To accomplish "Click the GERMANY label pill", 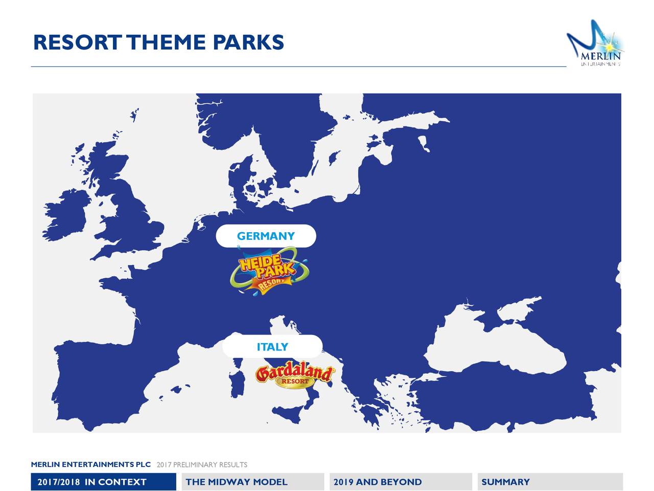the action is point(266,236).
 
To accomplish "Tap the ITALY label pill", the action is point(272,346).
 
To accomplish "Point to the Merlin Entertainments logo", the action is point(595,43).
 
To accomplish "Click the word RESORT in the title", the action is point(78,42).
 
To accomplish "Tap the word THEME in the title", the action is point(167,42).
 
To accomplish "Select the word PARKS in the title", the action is point(248,42).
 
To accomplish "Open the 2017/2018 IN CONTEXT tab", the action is point(103,482).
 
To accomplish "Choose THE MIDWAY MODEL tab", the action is point(253,482).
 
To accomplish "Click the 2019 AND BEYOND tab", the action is point(401,482).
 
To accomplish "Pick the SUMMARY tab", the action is point(550,482).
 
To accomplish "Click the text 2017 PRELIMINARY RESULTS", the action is point(202,464).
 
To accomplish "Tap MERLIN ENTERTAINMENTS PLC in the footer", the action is point(91,464).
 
